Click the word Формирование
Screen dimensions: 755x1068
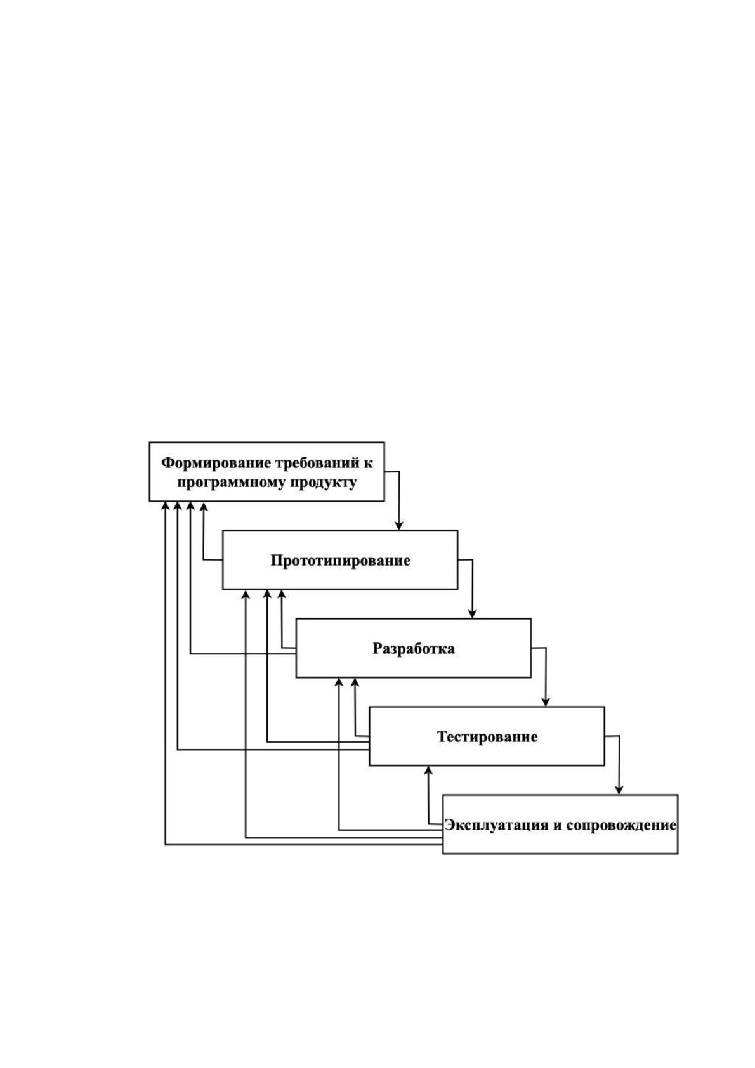216,463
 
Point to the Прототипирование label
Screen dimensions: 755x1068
340,560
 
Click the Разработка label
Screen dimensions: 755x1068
414,648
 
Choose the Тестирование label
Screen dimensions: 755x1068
487,737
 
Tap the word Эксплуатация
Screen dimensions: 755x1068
497,825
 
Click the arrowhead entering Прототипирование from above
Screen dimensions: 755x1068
398,526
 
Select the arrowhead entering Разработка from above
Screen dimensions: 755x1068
472,614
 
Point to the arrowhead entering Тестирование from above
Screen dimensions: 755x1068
546,702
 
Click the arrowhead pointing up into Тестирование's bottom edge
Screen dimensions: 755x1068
428,770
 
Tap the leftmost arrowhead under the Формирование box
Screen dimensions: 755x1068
165,505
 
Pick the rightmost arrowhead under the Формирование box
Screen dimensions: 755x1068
204,505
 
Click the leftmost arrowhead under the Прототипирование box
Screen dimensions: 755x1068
246,594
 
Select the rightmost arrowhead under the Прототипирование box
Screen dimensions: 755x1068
282,594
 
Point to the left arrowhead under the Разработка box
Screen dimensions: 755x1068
339,682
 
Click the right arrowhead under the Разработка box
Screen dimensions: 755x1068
355,682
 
